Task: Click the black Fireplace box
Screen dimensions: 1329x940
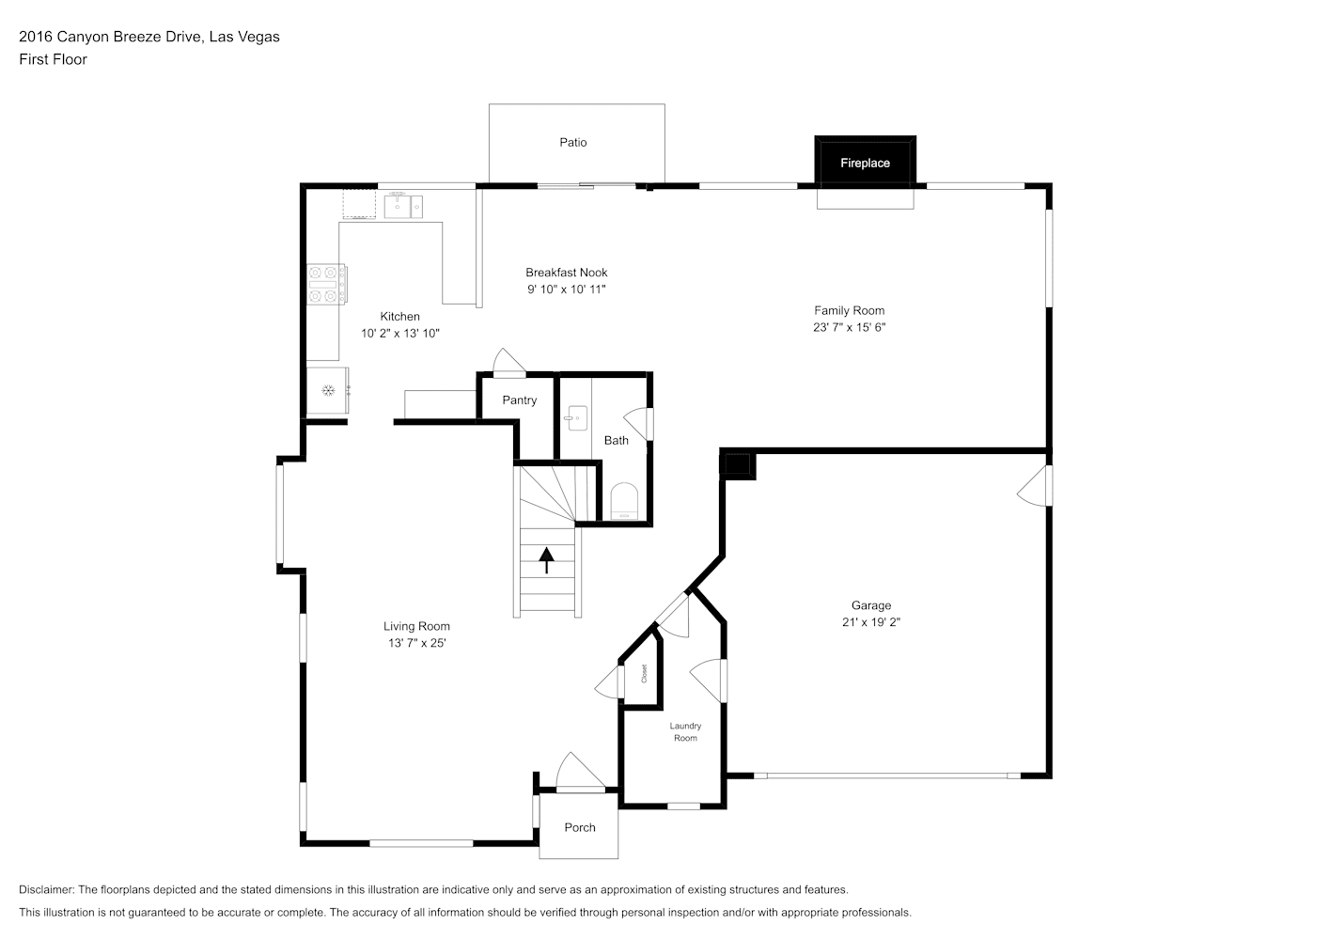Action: [865, 162]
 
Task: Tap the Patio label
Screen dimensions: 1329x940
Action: [573, 143]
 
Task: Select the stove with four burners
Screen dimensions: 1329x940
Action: [327, 284]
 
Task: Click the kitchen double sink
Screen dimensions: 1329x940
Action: [403, 206]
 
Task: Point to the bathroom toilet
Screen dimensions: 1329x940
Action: [624, 501]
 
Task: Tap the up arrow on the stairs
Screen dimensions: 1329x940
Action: [546, 560]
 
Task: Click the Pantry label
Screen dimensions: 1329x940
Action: [519, 400]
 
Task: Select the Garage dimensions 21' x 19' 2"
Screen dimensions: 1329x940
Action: [871, 622]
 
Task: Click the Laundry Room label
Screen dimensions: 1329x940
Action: [685, 731]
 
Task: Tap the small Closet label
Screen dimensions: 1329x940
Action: [644, 674]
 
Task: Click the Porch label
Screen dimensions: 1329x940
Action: [580, 827]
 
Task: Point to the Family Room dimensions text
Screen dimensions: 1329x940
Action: [849, 327]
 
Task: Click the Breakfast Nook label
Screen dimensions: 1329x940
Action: [567, 273]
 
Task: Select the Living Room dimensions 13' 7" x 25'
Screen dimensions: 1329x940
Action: [416, 643]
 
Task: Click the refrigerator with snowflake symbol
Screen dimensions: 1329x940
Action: [327, 390]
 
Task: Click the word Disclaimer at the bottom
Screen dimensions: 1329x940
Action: [46, 889]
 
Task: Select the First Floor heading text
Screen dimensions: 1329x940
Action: [53, 59]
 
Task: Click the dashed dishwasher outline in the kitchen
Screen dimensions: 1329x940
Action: [359, 204]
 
